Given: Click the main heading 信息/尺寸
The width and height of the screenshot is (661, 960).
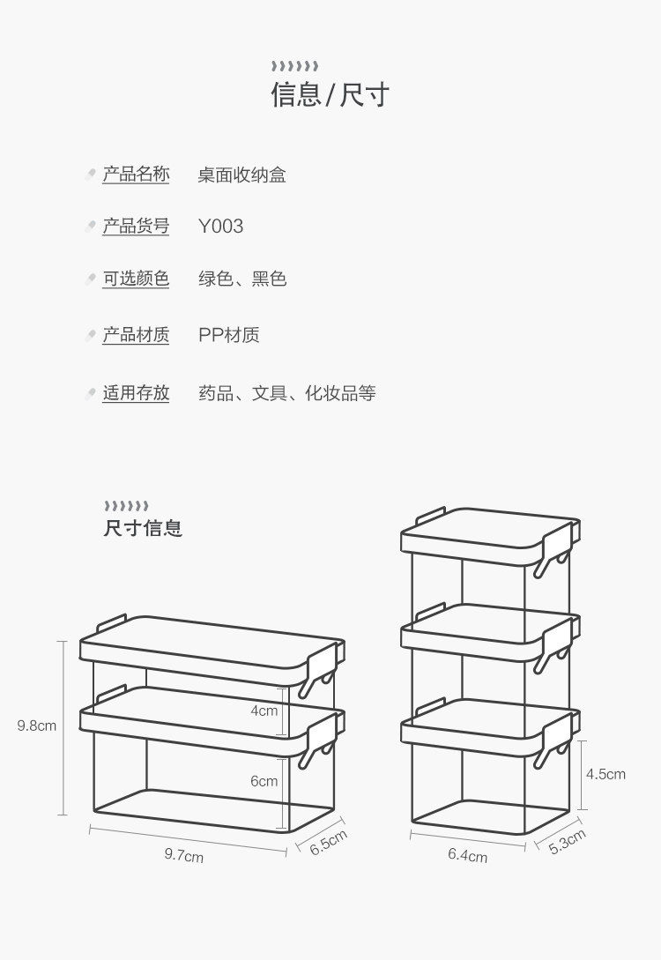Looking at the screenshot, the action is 330,95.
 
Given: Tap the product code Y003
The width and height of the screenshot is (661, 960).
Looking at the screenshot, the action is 221,227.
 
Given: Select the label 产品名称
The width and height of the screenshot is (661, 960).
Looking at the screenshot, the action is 136,175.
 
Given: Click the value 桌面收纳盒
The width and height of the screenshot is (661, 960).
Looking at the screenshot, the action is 241,175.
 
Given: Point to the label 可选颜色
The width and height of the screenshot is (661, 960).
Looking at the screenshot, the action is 136,279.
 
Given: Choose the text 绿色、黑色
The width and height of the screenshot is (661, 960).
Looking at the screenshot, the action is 242,279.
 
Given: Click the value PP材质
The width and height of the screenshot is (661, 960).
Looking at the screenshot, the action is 229,335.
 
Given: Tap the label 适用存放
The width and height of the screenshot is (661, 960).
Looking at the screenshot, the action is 136,393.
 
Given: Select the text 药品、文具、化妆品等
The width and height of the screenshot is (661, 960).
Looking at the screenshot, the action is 287,393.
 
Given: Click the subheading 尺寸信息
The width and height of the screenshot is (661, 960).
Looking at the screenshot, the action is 143,528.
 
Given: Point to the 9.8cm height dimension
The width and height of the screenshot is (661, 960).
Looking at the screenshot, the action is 37,726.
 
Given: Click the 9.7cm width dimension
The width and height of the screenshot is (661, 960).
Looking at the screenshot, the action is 183,855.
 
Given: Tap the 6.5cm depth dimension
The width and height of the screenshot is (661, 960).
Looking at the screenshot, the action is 328,842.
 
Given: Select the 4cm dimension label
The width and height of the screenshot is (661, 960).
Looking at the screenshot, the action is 264,711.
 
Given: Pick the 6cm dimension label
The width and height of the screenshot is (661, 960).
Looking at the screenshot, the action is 264,781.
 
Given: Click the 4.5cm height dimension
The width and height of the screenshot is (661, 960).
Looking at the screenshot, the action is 606,774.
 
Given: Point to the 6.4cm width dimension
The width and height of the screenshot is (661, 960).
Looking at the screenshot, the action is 468,855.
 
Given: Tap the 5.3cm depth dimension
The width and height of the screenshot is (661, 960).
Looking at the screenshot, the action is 567,841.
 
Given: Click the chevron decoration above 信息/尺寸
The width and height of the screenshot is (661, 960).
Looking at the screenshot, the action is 295,66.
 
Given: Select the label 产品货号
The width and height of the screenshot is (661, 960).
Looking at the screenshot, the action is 136,227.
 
